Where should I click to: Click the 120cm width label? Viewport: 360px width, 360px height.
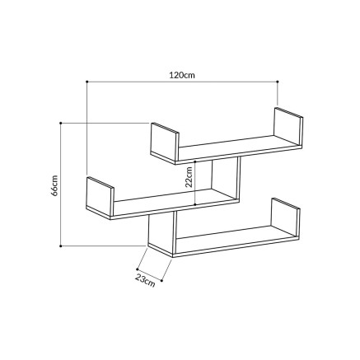[181, 74]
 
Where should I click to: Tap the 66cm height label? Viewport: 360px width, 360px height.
[53, 185]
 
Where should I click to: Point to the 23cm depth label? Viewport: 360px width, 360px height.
[145, 280]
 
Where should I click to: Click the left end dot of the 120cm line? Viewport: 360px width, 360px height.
[86, 82]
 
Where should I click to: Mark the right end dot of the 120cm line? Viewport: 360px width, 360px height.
[278, 82]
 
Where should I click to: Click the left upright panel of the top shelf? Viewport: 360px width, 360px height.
[165, 142]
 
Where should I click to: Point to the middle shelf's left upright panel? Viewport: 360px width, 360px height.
[101, 198]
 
